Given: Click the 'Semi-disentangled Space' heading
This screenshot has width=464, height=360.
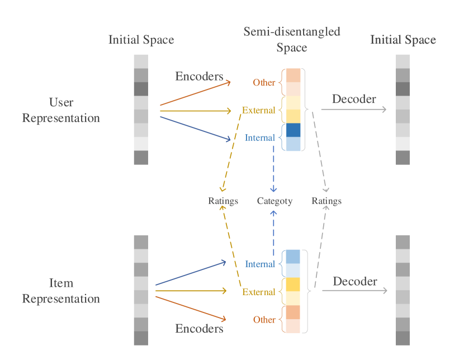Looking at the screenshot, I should (292, 40).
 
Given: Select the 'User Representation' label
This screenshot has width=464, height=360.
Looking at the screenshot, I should (61, 110).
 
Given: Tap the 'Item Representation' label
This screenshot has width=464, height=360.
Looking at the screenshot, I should (61, 291).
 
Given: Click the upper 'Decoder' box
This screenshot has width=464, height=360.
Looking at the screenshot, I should (354, 99).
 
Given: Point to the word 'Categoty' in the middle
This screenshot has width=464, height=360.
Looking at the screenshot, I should (274, 201).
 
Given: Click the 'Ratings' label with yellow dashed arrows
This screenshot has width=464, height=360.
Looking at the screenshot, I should (223, 201).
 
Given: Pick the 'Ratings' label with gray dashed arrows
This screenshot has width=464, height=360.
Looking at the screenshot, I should (326, 201).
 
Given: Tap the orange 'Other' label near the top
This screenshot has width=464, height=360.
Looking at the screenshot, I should (264, 83).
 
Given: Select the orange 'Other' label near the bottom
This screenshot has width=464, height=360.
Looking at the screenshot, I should (264, 320).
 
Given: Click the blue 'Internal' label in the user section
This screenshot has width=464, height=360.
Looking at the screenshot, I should (260, 138).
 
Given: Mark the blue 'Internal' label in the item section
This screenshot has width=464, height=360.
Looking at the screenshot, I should (260, 264).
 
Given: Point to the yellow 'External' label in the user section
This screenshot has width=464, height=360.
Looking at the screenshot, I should (258, 110).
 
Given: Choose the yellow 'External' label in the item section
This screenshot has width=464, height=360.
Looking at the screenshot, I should (258, 292).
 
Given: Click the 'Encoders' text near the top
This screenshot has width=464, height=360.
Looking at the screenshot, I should (199, 77).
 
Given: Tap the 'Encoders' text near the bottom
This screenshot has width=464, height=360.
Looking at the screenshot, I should (199, 328).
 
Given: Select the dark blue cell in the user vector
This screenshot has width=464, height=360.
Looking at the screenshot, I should (293, 130).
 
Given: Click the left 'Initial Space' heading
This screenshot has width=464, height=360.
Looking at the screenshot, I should (141, 40).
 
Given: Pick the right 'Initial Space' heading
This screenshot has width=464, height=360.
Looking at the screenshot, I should (403, 40).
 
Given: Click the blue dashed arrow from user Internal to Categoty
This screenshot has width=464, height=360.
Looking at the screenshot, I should (274, 168).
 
